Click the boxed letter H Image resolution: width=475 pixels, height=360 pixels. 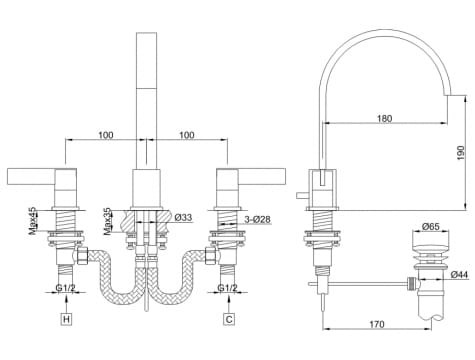[x=67, y=319]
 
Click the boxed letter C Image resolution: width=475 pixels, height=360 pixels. [x=229, y=319]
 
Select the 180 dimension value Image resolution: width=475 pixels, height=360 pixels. [x=385, y=118]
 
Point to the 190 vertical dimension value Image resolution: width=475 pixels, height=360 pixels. [x=460, y=153]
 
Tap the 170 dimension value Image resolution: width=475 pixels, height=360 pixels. [x=377, y=324]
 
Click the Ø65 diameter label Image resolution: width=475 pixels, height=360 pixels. [x=431, y=227]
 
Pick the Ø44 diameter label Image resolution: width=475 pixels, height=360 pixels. [x=459, y=275]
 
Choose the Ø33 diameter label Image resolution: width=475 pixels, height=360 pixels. [x=183, y=218]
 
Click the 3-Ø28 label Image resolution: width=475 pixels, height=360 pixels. [x=257, y=220]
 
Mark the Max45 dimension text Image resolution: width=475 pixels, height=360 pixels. [x=33, y=221]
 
